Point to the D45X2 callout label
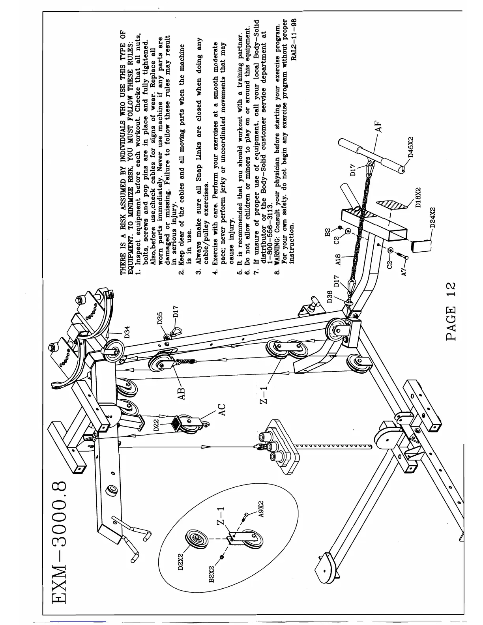tap(410, 147)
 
